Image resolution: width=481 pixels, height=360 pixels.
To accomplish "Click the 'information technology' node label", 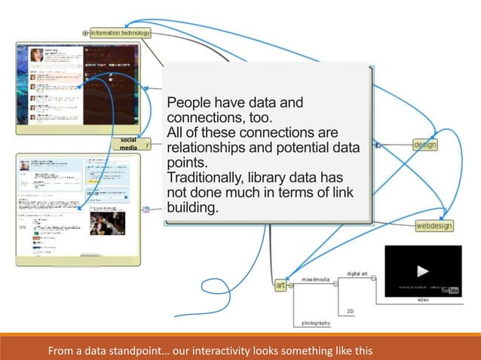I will [121, 33].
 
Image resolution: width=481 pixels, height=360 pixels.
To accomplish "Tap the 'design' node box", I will [425, 145].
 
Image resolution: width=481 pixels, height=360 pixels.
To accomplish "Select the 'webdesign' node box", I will [434, 225].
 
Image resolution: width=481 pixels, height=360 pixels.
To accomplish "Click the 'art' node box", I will [280, 285].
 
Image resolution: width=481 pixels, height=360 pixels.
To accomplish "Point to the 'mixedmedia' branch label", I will [317, 279].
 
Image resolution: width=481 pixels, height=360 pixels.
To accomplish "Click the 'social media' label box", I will [121, 145].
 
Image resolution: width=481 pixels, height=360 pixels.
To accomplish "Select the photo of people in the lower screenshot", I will [107, 222].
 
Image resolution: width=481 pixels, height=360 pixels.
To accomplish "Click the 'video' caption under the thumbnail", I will [423, 299].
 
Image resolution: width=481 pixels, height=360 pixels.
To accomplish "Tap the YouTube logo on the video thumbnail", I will [451, 289].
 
